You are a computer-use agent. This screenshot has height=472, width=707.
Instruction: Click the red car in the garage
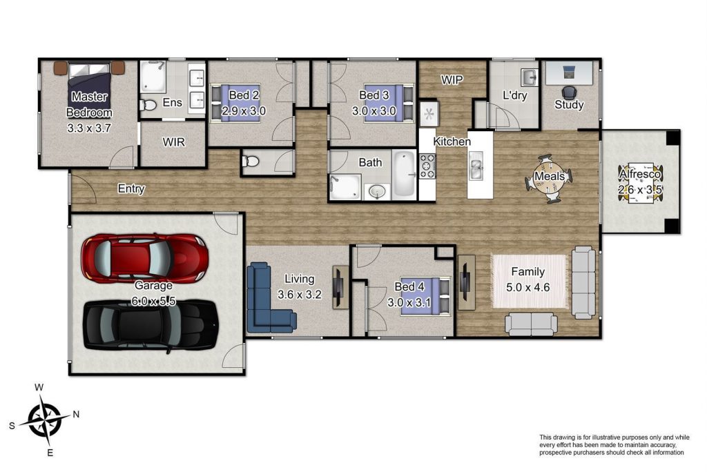(145, 258)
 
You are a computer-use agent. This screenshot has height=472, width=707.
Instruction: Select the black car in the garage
(151, 325)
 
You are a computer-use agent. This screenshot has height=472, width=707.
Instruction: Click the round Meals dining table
(549, 179)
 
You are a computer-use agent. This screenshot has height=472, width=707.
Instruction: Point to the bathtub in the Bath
(404, 174)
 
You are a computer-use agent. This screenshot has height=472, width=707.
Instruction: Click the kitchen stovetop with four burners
(427, 166)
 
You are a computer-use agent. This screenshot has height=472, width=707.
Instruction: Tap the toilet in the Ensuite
(148, 105)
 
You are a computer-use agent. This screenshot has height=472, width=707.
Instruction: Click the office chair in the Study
(569, 93)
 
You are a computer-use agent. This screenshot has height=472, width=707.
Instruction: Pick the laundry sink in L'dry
(530, 77)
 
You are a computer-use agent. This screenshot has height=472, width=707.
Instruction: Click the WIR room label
(173, 142)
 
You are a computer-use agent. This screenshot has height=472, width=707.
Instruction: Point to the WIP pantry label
(452, 80)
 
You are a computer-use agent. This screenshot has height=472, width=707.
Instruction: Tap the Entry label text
(131, 188)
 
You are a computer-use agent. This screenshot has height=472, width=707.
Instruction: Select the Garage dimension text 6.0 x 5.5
(153, 301)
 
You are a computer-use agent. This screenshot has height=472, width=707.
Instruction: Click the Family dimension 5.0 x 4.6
(528, 287)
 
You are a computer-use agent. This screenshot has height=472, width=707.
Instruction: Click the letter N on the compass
(76, 414)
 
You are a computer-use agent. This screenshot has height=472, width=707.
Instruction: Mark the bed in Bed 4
(425, 295)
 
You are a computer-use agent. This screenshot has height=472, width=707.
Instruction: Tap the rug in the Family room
(528, 282)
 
